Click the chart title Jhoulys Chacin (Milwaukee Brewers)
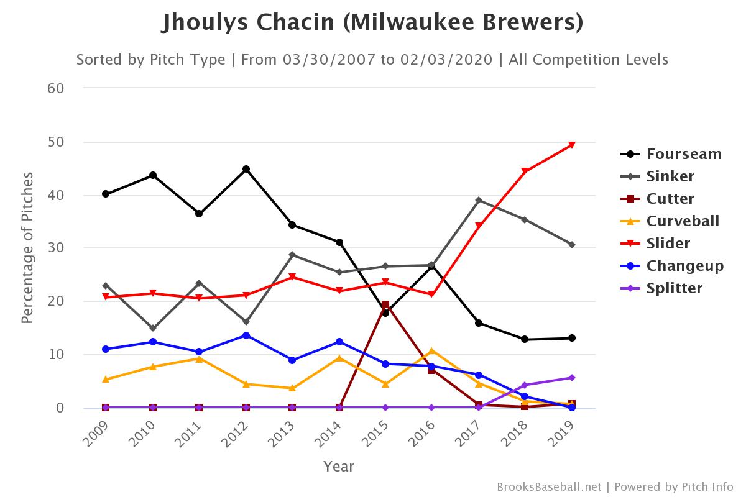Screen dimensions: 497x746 click(x=372, y=22)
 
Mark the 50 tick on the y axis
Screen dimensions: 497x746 click(x=56, y=142)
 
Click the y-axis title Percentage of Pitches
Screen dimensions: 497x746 click(x=27, y=248)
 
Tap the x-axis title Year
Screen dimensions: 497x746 click(x=339, y=466)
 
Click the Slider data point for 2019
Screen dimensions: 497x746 click(x=572, y=145)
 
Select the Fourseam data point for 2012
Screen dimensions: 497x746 click(x=246, y=169)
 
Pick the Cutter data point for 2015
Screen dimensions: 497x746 click(x=385, y=305)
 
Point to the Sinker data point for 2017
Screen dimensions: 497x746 click(x=479, y=200)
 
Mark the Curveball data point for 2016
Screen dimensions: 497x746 click(x=432, y=351)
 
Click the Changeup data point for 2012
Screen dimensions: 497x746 click(x=246, y=335)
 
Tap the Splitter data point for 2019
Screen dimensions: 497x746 click(x=572, y=378)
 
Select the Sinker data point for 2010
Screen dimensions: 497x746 click(x=153, y=328)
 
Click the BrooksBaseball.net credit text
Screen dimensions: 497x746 click(x=549, y=486)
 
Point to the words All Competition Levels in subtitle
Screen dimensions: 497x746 click(x=588, y=60)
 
